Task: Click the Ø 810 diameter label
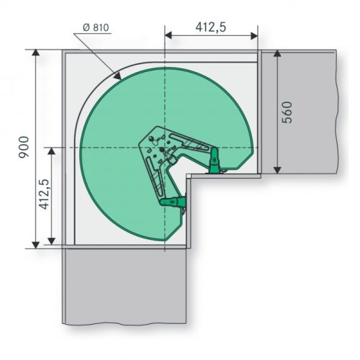point(96,27)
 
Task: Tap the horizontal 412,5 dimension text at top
point(211,27)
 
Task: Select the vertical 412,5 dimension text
point(44,194)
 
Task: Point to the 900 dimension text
point(24,147)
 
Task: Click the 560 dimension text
point(287,112)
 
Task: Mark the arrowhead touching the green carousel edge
point(117,76)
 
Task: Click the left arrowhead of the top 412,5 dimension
point(168,36)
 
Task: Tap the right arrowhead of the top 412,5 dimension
point(254,36)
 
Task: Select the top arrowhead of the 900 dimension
point(36,53)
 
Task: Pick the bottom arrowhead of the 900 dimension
point(36,245)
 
